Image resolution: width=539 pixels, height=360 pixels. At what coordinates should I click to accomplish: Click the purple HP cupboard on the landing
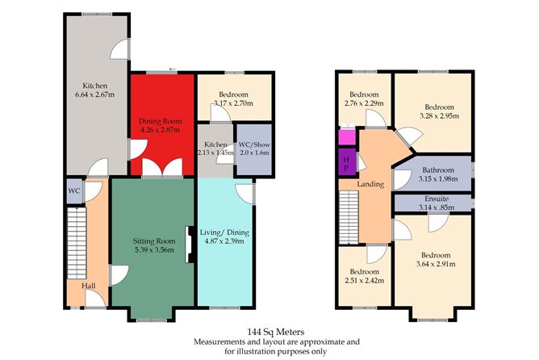pos(347,163)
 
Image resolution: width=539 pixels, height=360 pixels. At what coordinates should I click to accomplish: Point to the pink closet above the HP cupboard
pos(347,136)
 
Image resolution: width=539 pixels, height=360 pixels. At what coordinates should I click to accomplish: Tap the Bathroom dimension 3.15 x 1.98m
pos(434,179)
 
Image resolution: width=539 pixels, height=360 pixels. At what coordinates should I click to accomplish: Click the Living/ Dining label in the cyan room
pos(224,232)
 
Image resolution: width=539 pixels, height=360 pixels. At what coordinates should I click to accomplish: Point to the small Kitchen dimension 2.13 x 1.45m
pos(214,152)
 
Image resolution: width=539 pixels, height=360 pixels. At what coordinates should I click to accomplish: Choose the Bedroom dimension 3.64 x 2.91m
pos(434,264)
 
